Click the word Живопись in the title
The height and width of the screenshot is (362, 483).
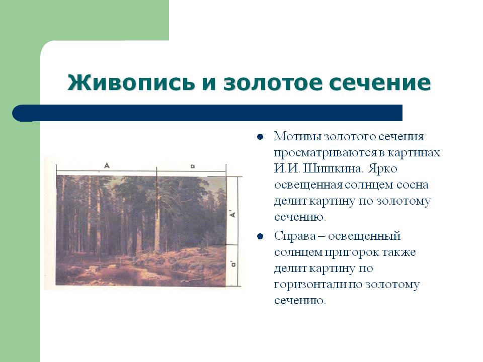[131, 82]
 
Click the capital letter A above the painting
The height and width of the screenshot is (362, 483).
[107, 165]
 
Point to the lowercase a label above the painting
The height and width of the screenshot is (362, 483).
[193, 166]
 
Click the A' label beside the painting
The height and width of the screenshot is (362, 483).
[233, 214]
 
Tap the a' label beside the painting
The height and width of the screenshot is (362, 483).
[234, 264]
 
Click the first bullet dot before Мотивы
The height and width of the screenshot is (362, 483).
[260, 137]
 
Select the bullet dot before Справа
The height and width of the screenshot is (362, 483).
[260, 236]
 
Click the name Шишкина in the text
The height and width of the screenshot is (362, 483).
[334, 169]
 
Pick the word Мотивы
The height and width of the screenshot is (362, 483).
[297, 136]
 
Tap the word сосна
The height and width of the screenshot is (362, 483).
[412, 185]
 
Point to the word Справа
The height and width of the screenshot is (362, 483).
[295, 236]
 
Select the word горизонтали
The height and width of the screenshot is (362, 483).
[310, 285]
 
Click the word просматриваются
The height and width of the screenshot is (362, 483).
[326, 153]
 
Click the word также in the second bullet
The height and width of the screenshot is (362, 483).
[399, 252]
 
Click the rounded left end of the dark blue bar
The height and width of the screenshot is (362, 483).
[19, 113]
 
